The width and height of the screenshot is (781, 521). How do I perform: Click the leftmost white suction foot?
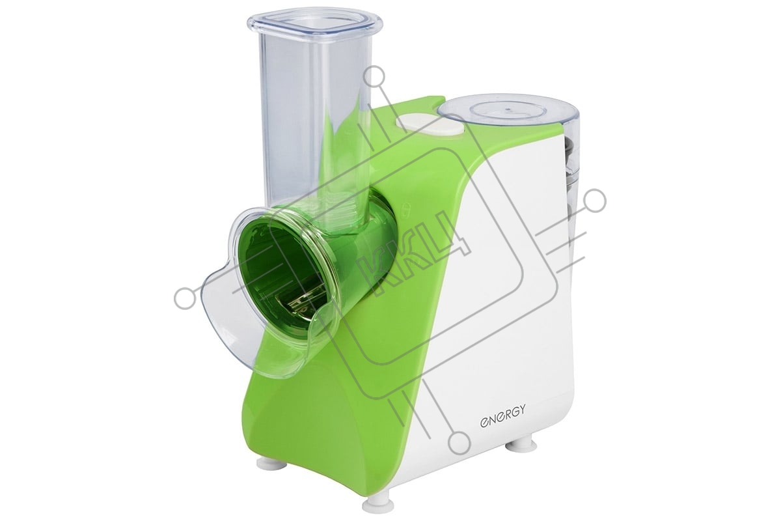point(271,464)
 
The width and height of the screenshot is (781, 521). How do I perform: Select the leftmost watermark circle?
point(185,299)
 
